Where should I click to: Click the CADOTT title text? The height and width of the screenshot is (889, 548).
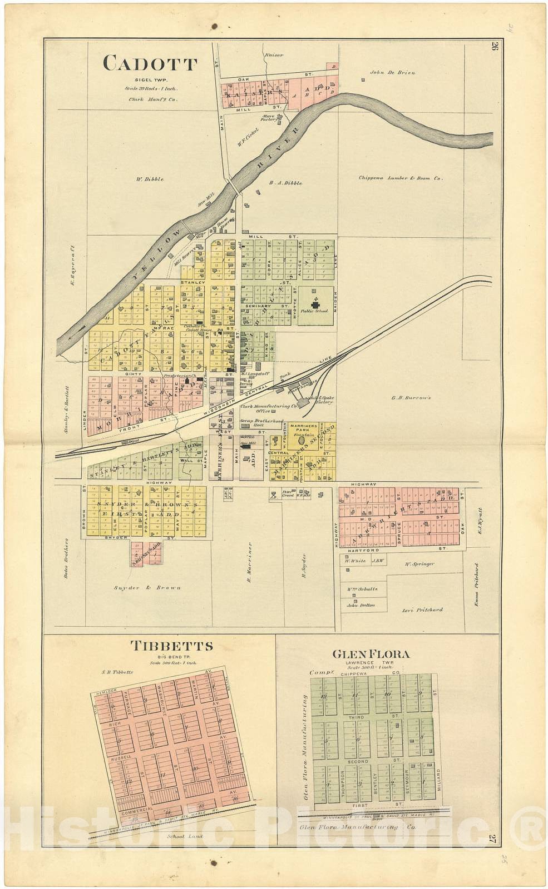pyautogui.click(x=150, y=64)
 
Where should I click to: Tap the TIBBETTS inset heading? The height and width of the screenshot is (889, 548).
pyautogui.click(x=171, y=646)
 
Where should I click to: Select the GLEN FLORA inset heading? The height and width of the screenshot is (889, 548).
pyautogui.click(x=371, y=654)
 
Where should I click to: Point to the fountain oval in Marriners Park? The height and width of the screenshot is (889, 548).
pyautogui.click(x=302, y=440)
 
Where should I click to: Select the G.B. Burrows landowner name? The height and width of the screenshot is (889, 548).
pyautogui.click(x=411, y=398)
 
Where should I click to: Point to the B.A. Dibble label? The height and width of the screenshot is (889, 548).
pyautogui.click(x=285, y=183)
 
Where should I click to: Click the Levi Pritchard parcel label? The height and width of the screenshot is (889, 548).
pyautogui.click(x=422, y=610)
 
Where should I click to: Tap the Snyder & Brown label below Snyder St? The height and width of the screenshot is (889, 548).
pyautogui.click(x=147, y=587)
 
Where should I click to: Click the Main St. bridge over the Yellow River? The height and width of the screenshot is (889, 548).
pyautogui.click(x=234, y=186)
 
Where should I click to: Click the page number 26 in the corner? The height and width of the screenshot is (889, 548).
pyautogui.click(x=493, y=46)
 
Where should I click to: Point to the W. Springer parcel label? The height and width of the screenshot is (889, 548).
pyautogui.click(x=419, y=564)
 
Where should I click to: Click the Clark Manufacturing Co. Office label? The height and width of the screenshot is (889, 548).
pyautogui.click(x=262, y=408)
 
